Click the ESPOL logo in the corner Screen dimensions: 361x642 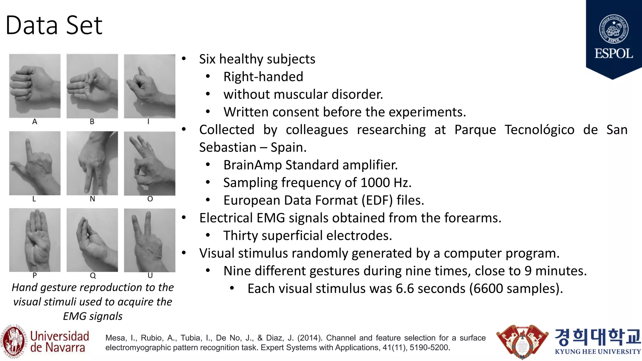pyautogui.click(x=613, y=38)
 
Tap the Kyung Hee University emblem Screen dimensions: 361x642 pyautogui.click(x=522, y=342)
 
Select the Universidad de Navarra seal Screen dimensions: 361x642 pyautogui.click(x=13, y=342)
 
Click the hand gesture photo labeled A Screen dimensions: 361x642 pyautogui.click(x=35, y=86)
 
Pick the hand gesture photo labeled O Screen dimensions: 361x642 pyautogui.click(x=150, y=163)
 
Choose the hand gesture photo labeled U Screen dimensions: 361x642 pyautogui.click(x=150, y=240)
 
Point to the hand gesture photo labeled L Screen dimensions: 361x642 pyautogui.click(x=35, y=163)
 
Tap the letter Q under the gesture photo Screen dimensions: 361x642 pyautogui.click(x=93, y=275)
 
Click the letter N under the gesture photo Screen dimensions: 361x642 pyautogui.click(x=92, y=199)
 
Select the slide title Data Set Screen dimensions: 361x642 pyautogui.click(x=54, y=25)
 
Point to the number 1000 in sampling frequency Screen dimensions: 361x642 pyautogui.click(x=375, y=183)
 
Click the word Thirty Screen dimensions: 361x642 pyautogui.click(x=241, y=236)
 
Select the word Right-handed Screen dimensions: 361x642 pyautogui.click(x=263, y=77)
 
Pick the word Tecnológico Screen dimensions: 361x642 pyautogui.click(x=539, y=130)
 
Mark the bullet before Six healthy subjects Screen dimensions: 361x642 pyautogui.click(x=184, y=59)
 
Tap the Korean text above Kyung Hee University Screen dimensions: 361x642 pyautogui.click(x=597, y=337)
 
